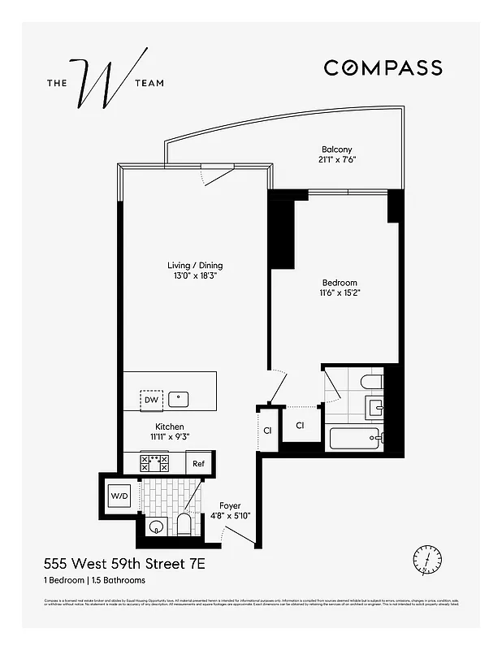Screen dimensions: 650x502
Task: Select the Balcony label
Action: pyautogui.click(x=336, y=149)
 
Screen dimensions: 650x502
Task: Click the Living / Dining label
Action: pyautogui.click(x=195, y=266)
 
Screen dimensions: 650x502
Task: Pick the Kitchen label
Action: pyautogui.click(x=170, y=427)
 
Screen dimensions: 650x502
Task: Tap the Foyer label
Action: pyautogui.click(x=231, y=505)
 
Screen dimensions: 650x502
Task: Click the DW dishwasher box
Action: pyautogui.click(x=151, y=400)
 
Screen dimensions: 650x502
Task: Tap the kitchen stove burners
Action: pyautogui.click(x=154, y=463)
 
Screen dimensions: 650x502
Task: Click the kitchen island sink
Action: pyautogui.click(x=180, y=399)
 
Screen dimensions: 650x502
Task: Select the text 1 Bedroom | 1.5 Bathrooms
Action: pyautogui.click(x=94, y=580)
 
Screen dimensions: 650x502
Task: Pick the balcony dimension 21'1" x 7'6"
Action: pyautogui.click(x=338, y=159)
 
